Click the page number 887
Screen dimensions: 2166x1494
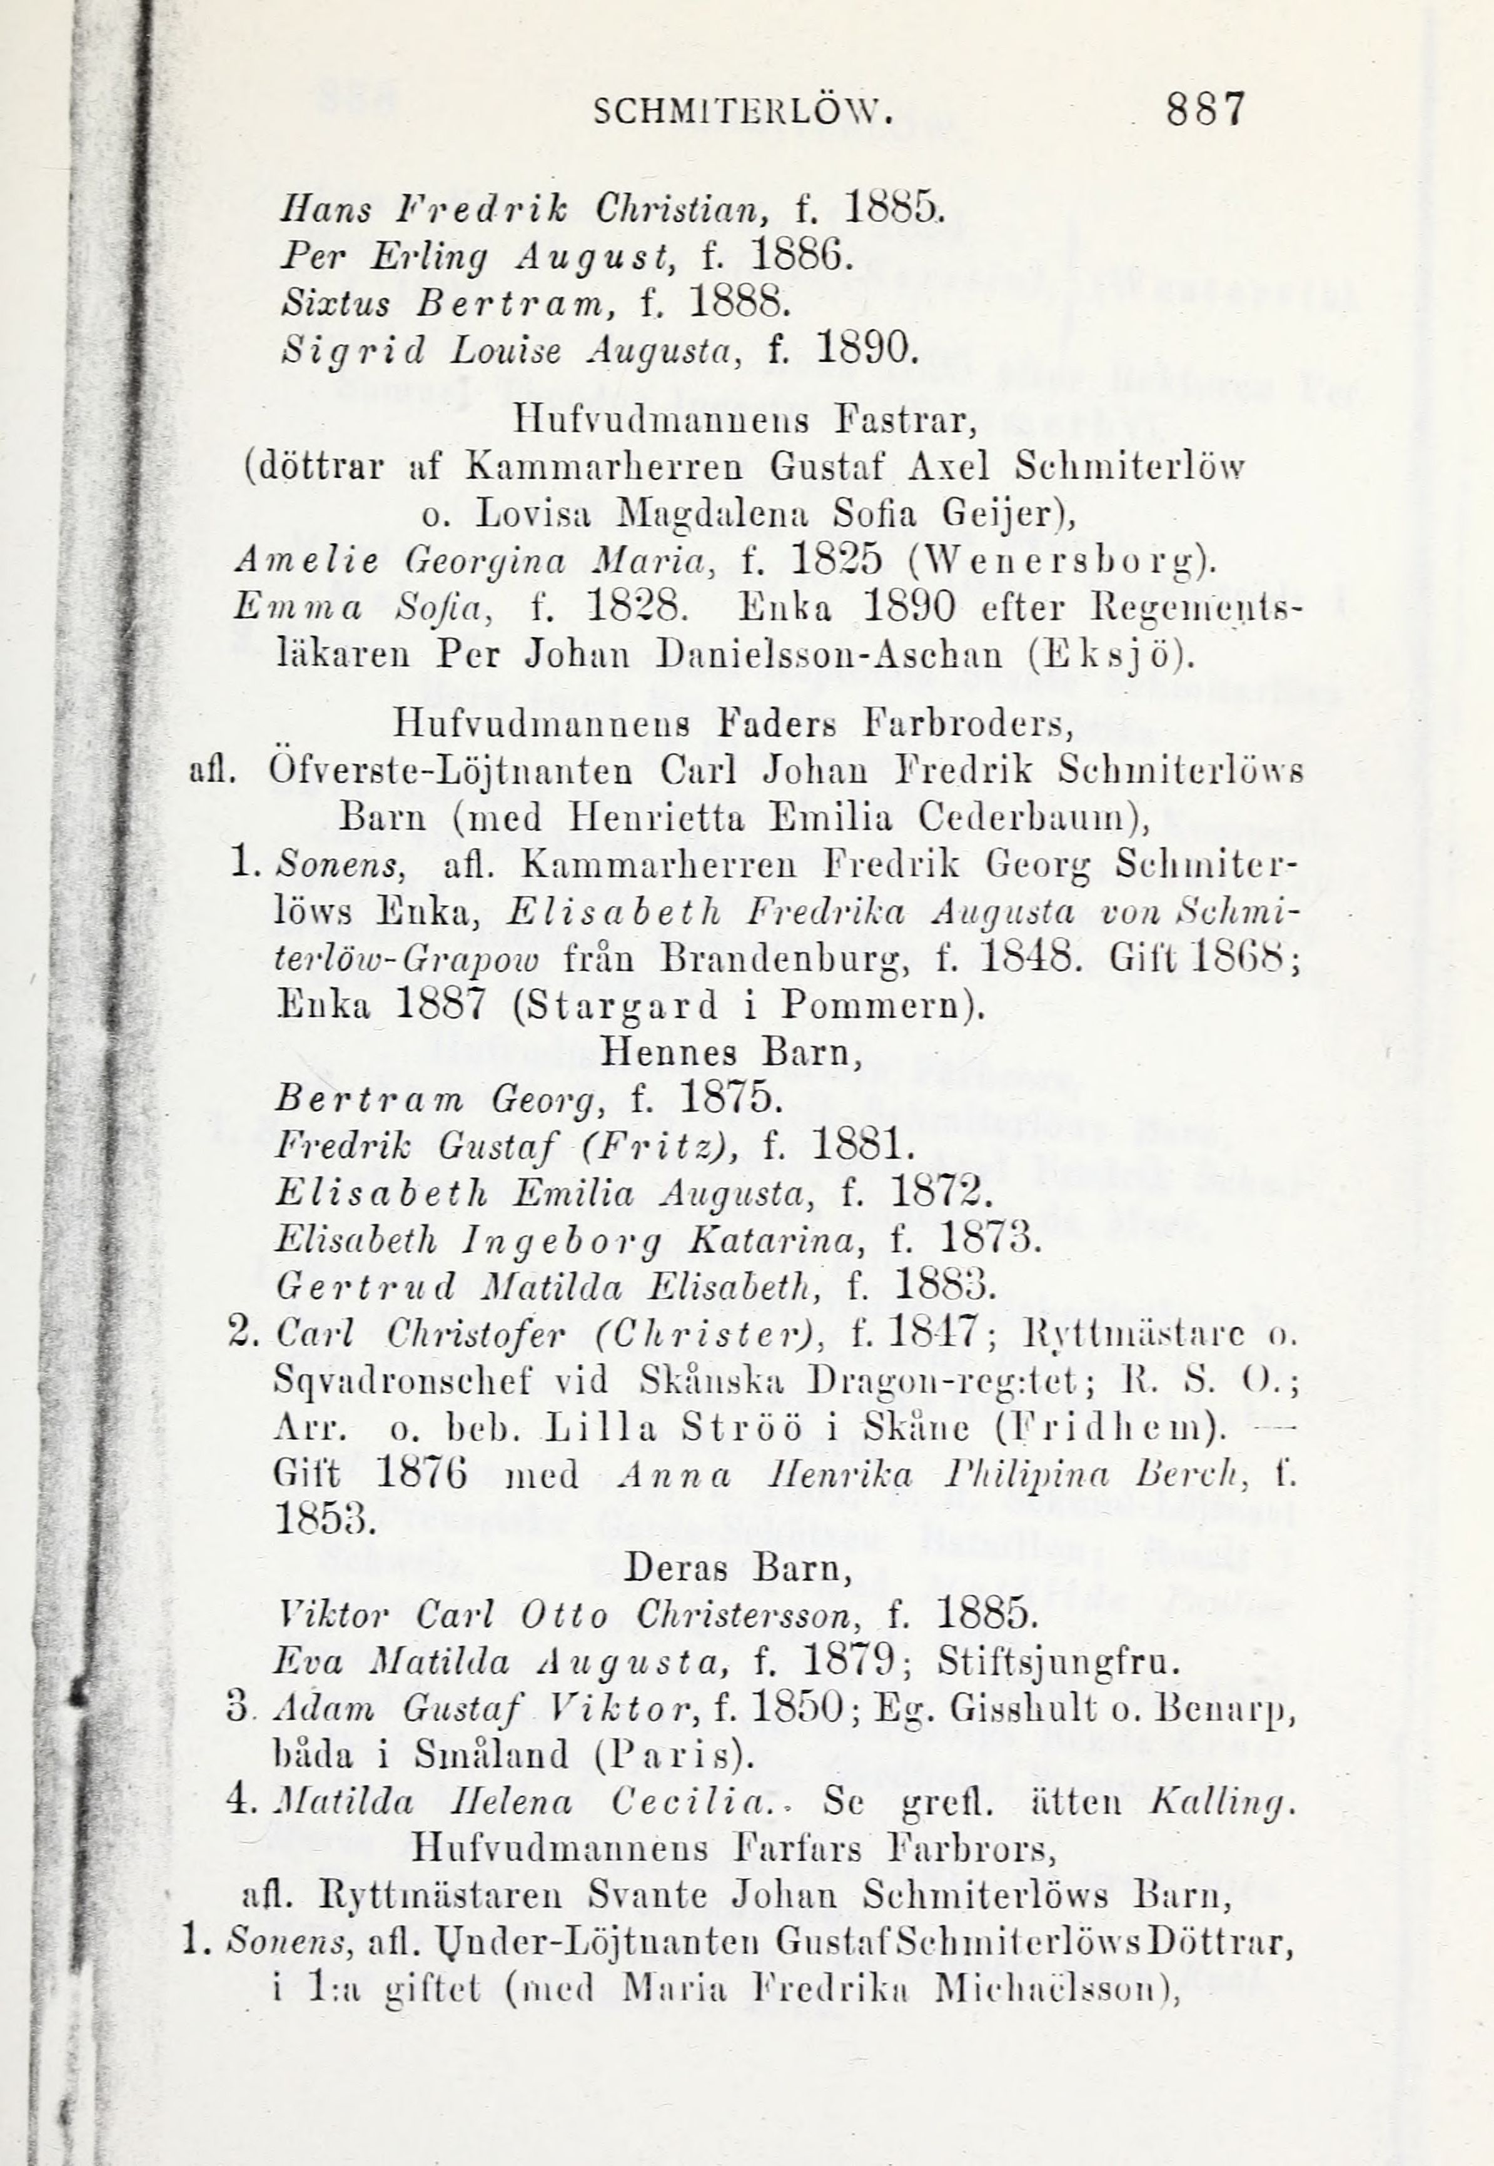[1206, 109]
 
